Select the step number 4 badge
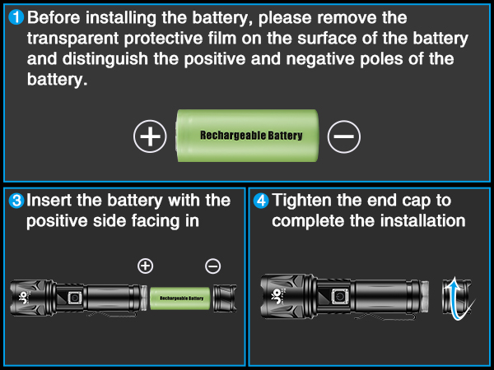click(x=261, y=201)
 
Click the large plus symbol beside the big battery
click(x=150, y=136)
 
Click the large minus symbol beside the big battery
click(x=343, y=136)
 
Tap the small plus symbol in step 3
click(x=145, y=266)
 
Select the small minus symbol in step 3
click(x=212, y=266)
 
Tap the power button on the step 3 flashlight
click(x=73, y=297)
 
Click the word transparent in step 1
click(x=70, y=39)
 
